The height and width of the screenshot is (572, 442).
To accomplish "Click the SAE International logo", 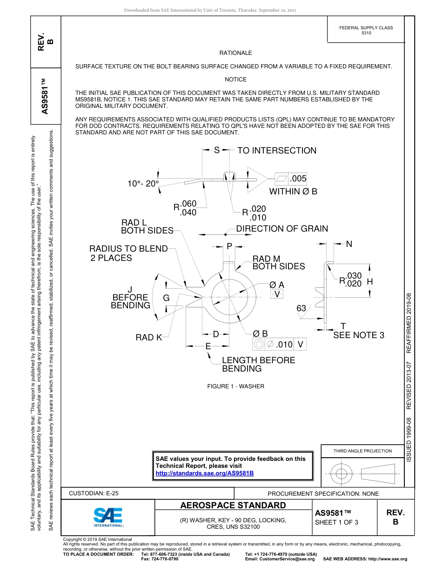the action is pyautogui.click(x=108, y=517).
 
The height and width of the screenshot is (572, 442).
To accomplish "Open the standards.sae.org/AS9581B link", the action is pyautogui.click(x=204, y=473).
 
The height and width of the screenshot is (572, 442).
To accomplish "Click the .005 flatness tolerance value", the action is pyautogui.click(x=298, y=179).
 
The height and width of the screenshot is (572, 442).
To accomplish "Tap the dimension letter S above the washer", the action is pyautogui.click(x=217, y=150).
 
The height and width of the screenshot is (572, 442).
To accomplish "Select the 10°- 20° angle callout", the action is pyautogui.click(x=143, y=184).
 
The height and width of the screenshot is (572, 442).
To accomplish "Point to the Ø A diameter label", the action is pyautogui.click(x=277, y=285).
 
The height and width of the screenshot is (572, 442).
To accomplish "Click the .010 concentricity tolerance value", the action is pyautogui.click(x=284, y=345).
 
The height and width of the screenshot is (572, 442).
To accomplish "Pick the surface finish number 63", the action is pyautogui.click(x=301, y=308).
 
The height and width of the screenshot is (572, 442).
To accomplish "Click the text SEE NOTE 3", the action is pyautogui.click(x=359, y=335).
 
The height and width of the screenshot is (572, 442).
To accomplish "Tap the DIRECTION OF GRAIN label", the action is pyautogui.click(x=282, y=229).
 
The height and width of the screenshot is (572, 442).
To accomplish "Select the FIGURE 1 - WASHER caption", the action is pyautogui.click(x=235, y=386).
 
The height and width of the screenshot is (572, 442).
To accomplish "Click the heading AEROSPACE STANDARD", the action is pyautogui.click(x=233, y=505).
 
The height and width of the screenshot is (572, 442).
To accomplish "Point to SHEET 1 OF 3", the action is pyautogui.click(x=337, y=522).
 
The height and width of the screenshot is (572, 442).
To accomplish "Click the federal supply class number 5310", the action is pyautogui.click(x=366, y=33).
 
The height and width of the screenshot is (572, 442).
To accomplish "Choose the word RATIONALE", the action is pyautogui.click(x=235, y=53).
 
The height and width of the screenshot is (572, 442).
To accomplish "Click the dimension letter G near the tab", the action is pyautogui.click(x=166, y=298).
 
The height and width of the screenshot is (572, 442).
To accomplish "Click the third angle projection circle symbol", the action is pyautogui.click(x=342, y=474).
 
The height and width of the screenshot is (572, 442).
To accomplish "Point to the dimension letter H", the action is pyautogui.click(x=370, y=282).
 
